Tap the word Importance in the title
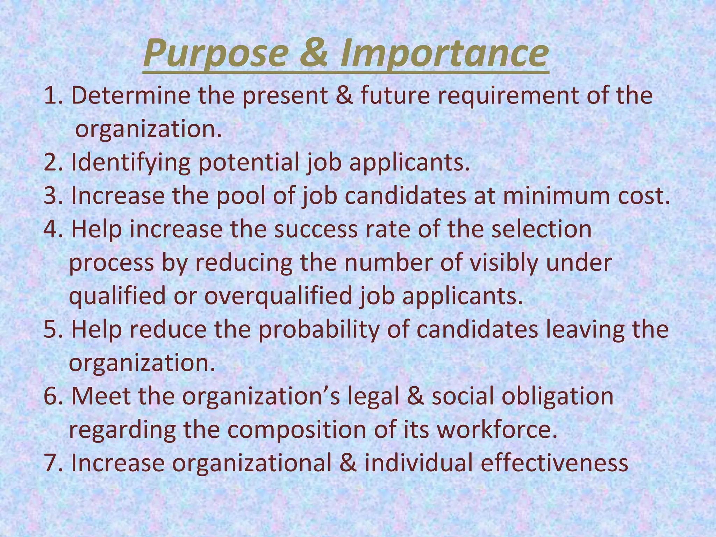coord(444,53)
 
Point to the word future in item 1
coord(395,95)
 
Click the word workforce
coord(497,430)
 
